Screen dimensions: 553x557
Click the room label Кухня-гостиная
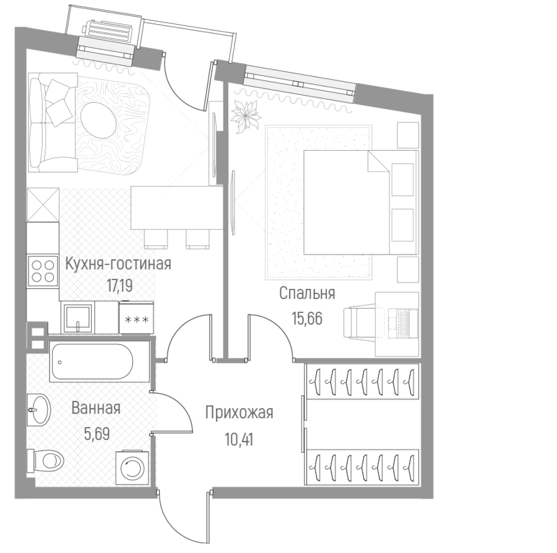click(x=118, y=264)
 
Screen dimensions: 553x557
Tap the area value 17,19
click(x=119, y=285)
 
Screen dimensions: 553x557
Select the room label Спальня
click(x=307, y=293)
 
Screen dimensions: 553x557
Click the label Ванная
click(x=96, y=408)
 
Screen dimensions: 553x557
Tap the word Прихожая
click(x=239, y=413)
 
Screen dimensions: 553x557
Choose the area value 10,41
click(x=239, y=437)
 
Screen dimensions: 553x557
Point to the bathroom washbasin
click(x=40, y=410)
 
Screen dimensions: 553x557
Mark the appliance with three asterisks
click(x=136, y=317)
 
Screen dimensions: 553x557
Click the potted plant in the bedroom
click(x=243, y=116)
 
